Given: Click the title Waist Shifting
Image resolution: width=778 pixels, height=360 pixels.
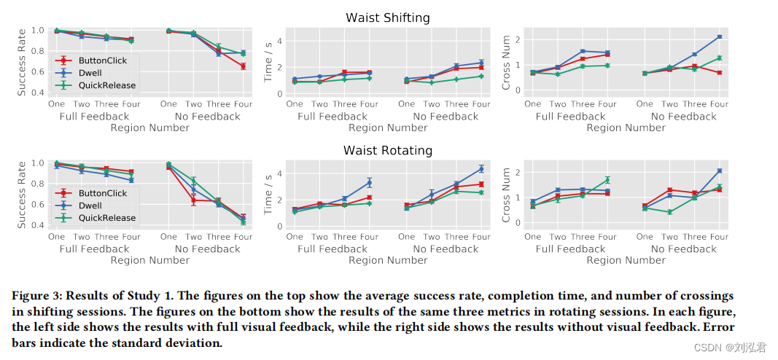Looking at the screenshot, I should click(x=388, y=17).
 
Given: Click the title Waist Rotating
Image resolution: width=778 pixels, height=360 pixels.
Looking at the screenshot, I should click(x=388, y=151).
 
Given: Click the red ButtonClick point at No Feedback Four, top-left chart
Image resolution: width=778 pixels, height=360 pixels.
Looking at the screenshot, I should click(x=243, y=66).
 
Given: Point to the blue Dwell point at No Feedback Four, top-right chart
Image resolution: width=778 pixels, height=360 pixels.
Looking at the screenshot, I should click(x=719, y=36).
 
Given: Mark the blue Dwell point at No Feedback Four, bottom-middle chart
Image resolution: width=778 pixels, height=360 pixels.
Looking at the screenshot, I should click(x=481, y=169).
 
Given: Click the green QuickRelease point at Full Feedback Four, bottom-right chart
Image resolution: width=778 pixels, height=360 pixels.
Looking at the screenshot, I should click(x=607, y=179).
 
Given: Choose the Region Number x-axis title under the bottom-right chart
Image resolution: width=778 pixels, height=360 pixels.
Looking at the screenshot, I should click(x=626, y=260).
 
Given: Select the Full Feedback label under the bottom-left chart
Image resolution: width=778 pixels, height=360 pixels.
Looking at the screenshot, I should click(x=94, y=249).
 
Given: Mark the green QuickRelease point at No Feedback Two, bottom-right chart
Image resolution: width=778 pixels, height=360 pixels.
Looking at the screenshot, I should click(x=669, y=212).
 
